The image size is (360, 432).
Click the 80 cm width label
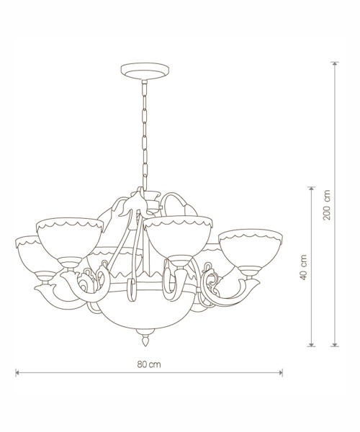pyautogui.click(x=149, y=364)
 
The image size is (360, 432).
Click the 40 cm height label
pyautogui.click(x=304, y=267)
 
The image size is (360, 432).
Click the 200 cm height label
pyautogui.click(x=327, y=204)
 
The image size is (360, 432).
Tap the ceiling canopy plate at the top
pyautogui.click(x=145, y=71)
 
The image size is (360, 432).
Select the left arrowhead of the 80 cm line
pyautogui.click(x=17, y=373)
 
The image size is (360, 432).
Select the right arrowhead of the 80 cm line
pyautogui.click(x=281, y=373)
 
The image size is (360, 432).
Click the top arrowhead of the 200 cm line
pyautogui.click(x=335, y=63)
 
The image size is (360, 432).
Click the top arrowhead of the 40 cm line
pyautogui.click(x=311, y=189)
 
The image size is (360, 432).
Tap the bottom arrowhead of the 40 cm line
pyautogui.click(x=311, y=344)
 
